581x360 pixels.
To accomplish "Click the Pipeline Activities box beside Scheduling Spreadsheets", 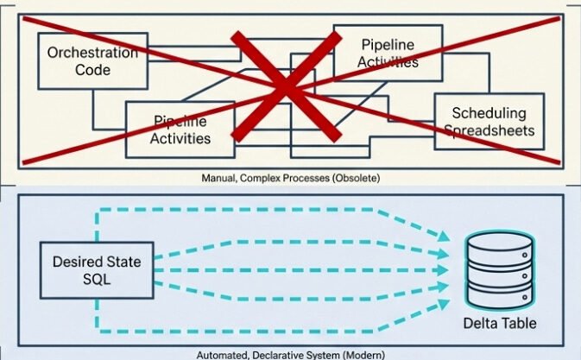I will point(388,53).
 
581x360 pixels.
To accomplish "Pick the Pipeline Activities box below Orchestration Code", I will point(180,129).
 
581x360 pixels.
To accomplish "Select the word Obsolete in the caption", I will point(355,178).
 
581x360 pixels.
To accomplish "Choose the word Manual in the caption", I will point(218,178).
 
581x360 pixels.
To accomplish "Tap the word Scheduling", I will point(488,113).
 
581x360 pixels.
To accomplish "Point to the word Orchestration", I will point(92,52).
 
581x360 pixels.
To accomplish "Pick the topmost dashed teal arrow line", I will point(259,208).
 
